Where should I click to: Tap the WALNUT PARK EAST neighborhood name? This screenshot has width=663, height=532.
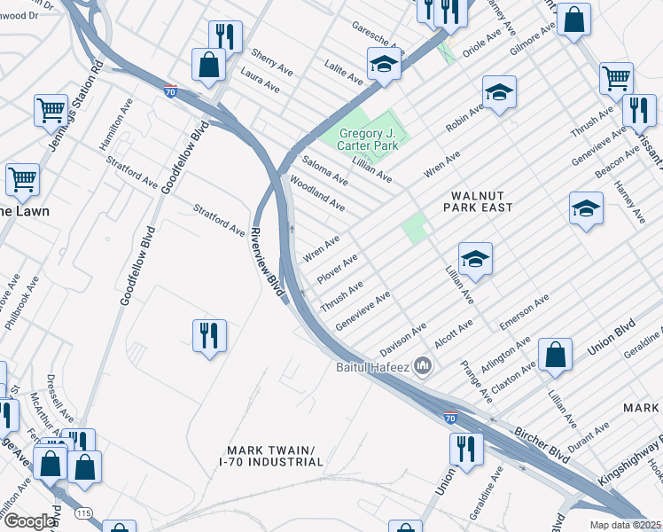pyautogui.click(x=479, y=200)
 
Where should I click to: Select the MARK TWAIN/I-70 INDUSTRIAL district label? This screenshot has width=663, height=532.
pyautogui.click(x=271, y=456)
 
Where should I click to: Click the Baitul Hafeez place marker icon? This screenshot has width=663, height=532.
pyautogui.click(x=423, y=365)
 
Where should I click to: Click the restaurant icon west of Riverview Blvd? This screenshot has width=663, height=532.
pyautogui.click(x=209, y=335)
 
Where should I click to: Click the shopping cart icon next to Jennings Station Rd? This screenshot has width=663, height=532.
pyautogui.click(x=51, y=110)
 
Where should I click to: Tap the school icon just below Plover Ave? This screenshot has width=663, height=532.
pyautogui.click(x=475, y=259)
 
